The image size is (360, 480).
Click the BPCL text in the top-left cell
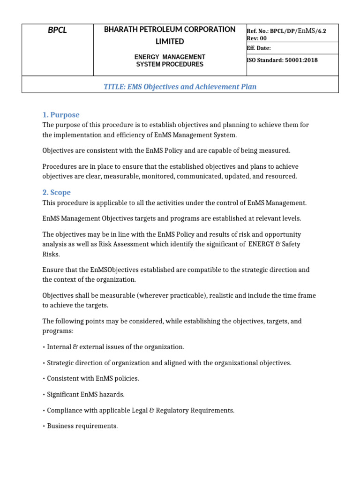click(x=58, y=30)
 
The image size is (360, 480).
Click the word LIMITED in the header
click(x=170, y=42)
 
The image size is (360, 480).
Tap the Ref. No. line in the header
click(x=286, y=30)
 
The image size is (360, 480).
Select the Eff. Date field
click(x=259, y=48)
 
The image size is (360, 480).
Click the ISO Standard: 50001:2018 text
click(x=282, y=60)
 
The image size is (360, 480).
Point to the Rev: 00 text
click(x=256, y=38)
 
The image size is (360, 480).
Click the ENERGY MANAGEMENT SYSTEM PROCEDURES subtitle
click(x=170, y=60)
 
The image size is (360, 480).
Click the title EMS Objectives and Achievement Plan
click(x=180, y=87)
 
